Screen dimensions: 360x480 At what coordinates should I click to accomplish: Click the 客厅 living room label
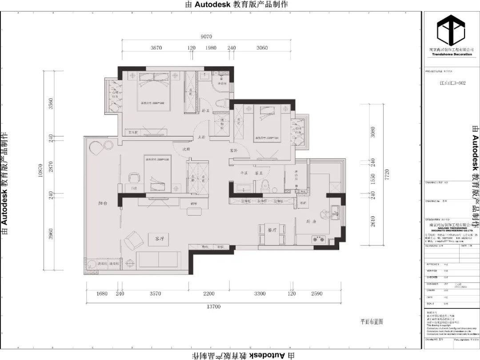(160, 239)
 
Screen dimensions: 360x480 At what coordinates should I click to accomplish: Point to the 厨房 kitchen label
(311, 221)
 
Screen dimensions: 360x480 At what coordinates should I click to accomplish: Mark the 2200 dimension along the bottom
(209, 293)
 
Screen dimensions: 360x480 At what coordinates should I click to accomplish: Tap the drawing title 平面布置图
(372, 321)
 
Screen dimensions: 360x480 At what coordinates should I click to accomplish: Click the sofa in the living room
(158, 259)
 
